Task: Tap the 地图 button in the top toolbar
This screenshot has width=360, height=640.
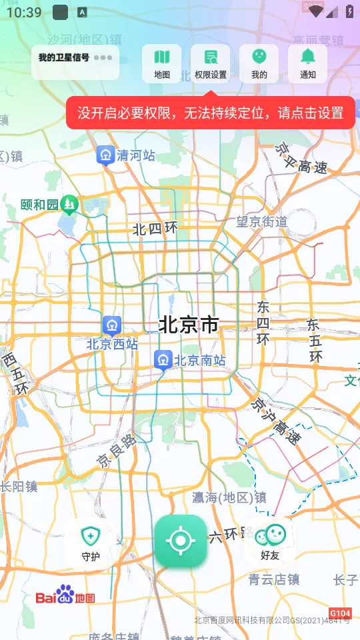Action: coord(161,64)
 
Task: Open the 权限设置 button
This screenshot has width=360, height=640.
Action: coord(211,64)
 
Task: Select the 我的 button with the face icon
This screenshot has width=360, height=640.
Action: coord(259,64)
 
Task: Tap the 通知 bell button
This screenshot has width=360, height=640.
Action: coord(307,64)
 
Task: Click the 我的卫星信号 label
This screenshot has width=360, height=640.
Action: coord(64,57)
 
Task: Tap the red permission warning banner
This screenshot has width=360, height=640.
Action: coord(210,113)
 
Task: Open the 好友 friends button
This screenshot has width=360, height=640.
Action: coord(270,542)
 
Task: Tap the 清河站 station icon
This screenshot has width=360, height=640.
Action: coord(105,155)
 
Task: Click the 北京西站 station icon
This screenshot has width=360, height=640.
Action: coord(111,325)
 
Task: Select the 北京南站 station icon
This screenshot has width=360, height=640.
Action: coord(163,360)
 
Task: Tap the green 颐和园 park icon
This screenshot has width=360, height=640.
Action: coord(69,204)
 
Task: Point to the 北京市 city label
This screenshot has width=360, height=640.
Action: coord(189,325)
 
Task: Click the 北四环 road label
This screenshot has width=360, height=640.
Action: coord(155,229)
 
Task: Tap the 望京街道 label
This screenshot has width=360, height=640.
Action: coord(262,222)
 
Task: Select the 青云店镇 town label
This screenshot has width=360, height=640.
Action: coord(274,579)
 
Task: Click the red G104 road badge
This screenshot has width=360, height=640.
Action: coord(340,613)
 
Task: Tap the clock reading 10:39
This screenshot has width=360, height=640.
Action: coord(24,12)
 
